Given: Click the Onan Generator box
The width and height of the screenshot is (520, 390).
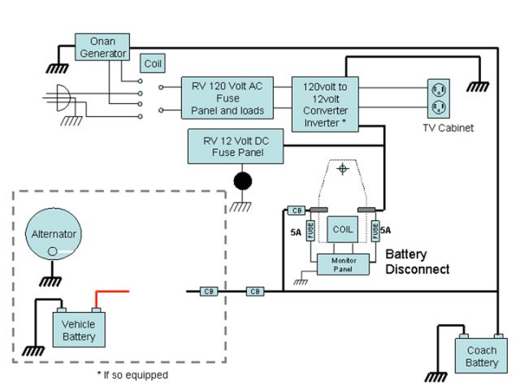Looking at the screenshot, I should click(102, 46).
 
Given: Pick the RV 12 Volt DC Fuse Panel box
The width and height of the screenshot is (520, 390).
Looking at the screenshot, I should click(236, 145).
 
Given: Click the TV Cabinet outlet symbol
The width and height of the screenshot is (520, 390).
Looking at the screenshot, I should click(439, 97).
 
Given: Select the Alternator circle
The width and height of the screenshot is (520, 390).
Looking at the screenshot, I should click(54, 234).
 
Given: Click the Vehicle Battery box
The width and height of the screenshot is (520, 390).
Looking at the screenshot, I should click(79, 330).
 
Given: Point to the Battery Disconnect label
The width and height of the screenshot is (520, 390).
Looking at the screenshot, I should click(417, 261).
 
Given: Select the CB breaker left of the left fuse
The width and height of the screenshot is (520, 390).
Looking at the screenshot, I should click(296, 210).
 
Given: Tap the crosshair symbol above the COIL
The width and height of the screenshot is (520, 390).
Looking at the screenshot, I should click(344, 170).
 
